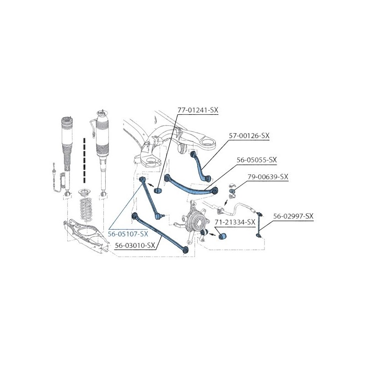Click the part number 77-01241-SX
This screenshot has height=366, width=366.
pyautogui.click(x=198, y=110)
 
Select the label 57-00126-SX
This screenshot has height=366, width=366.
pyautogui.click(x=249, y=135)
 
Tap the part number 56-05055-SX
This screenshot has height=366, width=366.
pyautogui.click(x=257, y=160)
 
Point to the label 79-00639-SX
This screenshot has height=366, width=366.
pyautogui.click(x=268, y=177)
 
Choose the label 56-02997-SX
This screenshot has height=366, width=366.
pyautogui.click(x=293, y=216)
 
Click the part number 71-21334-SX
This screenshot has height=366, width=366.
pyautogui.click(x=235, y=222)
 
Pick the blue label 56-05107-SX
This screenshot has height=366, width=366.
pyautogui.click(x=128, y=234)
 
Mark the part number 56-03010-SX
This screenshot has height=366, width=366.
pyautogui.click(x=135, y=245)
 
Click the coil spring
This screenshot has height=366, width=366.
pyautogui.click(x=87, y=209)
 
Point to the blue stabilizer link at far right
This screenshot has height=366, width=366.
pyautogui.click(x=258, y=225)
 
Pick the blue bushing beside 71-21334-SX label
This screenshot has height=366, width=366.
pyautogui.click(x=222, y=236)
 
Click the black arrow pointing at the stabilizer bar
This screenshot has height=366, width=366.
pyautogui.click(x=225, y=202)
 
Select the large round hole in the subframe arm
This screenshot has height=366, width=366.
pyautogui.click(x=208, y=141)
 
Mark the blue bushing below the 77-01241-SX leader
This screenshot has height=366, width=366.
pyautogui.click(x=157, y=190)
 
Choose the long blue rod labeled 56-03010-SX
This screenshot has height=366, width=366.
pyautogui.click(x=160, y=232)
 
